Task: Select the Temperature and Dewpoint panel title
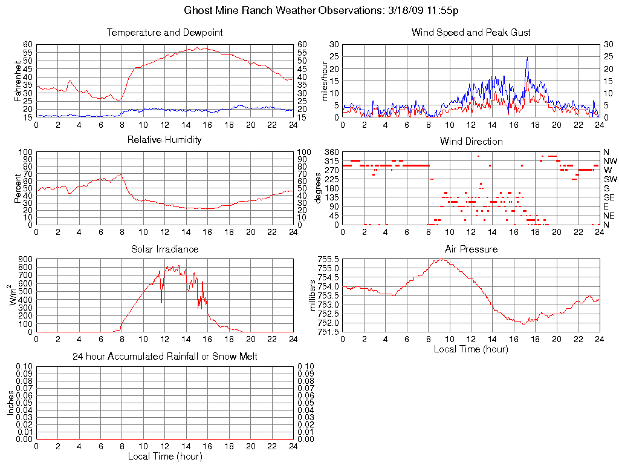pyautogui.click(x=164, y=32)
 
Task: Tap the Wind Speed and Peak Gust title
pyautogui.click(x=471, y=32)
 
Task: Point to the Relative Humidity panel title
pyautogui.click(x=164, y=140)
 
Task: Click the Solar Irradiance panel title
pyautogui.click(x=164, y=249)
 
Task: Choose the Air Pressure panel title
pyautogui.click(x=471, y=249)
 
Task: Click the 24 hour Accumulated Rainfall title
pyautogui.click(x=164, y=357)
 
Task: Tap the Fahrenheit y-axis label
pyautogui.click(x=17, y=81)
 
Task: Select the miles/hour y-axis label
pyautogui.click(x=324, y=81)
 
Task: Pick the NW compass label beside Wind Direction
pyautogui.click(x=609, y=161)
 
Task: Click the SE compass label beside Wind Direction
pyautogui.click(x=609, y=197)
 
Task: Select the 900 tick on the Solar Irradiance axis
pyautogui.click(x=25, y=259)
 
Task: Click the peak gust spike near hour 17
pyautogui.click(x=527, y=58)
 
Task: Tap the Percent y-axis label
pyautogui.click(x=17, y=188)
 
